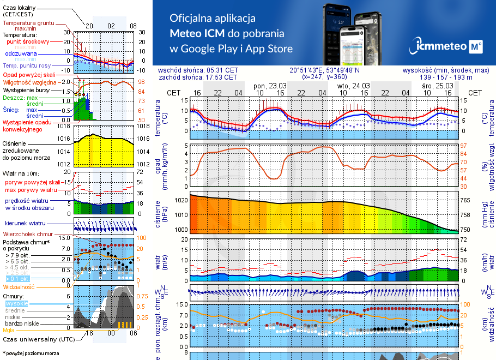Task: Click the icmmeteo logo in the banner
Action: pyautogui.click(x=447, y=47)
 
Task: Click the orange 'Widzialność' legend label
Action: pyautogui.click(x=19, y=286)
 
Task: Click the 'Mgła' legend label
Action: pyautogui.click(x=8, y=330)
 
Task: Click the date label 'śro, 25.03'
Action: pyautogui.click(x=438, y=86)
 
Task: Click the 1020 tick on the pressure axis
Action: pyautogui.click(x=182, y=200)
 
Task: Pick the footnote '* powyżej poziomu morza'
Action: pyautogui.click(x=30, y=353)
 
